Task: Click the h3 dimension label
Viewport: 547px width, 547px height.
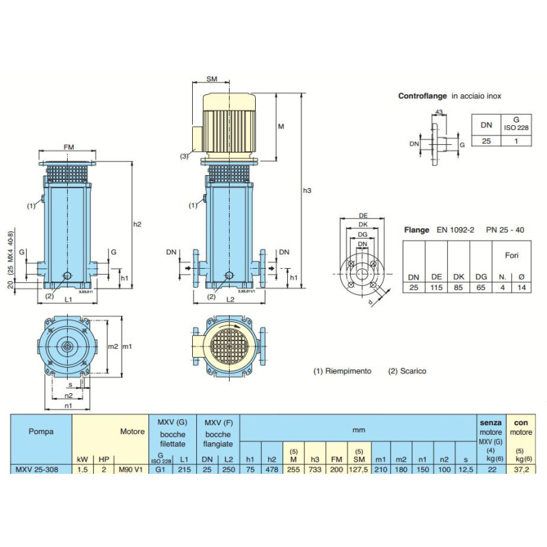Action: pos(307,190)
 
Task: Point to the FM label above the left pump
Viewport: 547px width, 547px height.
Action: pos(69,148)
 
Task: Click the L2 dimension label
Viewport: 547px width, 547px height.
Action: pos(230,301)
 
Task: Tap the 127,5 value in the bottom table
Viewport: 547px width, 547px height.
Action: pos(359,469)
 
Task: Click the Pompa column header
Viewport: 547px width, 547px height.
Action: pos(41,431)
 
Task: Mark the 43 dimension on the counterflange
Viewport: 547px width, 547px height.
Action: pos(439,113)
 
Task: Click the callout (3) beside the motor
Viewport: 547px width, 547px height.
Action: pos(185,157)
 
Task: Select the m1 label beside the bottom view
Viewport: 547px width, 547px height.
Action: pos(126,347)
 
